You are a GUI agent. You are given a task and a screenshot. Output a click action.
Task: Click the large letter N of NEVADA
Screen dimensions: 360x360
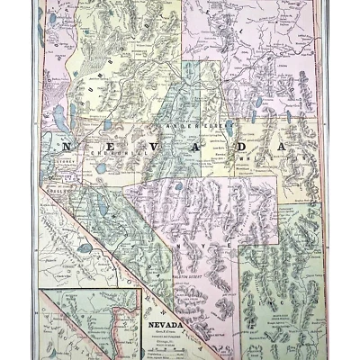click(x=67, y=144)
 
